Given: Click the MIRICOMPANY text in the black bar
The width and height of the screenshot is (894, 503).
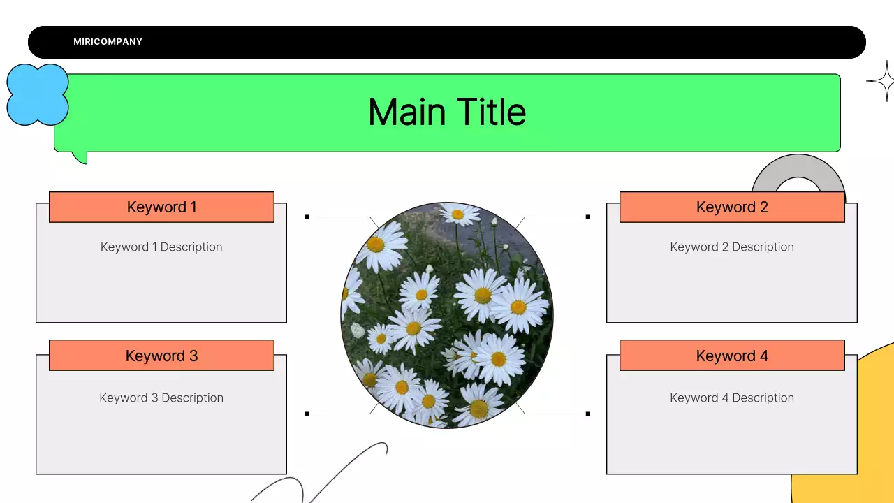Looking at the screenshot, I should (108, 42).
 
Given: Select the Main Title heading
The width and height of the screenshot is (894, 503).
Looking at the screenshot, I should (447, 112).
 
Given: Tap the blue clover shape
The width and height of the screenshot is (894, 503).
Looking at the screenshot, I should (37, 94).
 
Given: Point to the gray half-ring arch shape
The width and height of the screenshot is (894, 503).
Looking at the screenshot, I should (798, 170).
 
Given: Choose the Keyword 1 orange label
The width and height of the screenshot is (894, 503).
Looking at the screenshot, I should (161, 207).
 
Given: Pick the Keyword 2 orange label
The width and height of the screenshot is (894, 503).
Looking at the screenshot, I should (732, 207).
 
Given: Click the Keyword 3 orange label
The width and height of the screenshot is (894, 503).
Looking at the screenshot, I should (161, 356).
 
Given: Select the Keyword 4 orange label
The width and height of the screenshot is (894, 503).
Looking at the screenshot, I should (732, 356).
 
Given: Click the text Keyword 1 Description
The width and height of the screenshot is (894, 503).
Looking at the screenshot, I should (161, 247).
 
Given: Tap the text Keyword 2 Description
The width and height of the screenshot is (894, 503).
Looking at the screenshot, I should (732, 247).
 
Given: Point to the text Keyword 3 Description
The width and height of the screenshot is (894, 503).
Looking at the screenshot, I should (161, 398).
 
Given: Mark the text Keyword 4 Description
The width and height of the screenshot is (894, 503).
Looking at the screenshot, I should (732, 398).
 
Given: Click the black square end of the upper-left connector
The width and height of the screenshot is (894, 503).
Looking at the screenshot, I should (307, 217).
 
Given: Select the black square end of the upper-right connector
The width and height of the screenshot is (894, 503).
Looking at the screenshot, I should (588, 217).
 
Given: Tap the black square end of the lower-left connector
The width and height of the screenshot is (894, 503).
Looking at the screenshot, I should (307, 414).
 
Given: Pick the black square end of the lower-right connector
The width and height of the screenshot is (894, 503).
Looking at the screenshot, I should (588, 414).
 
